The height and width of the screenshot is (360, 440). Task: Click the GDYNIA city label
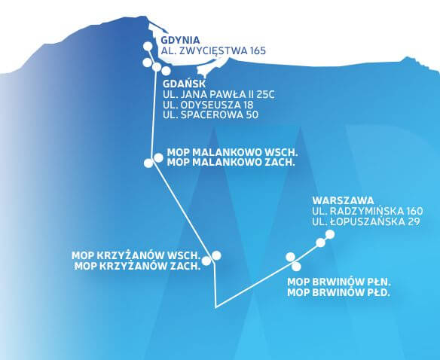tap(180, 40)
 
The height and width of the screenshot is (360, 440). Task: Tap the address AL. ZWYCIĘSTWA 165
tap(213, 50)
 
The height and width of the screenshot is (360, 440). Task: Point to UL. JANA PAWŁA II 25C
tap(218, 95)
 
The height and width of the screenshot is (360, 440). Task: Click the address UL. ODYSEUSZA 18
tap(208, 105)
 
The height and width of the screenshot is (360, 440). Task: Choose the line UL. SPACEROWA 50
tap(210, 115)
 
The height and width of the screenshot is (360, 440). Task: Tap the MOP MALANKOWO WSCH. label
tap(232, 153)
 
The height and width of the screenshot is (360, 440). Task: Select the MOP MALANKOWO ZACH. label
tap(231, 163)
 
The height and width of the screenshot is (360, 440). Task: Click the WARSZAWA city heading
tap(344, 200)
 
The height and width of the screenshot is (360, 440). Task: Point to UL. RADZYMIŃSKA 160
tap(368, 211)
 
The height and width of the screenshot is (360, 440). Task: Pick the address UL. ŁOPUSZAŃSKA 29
tap(366, 221)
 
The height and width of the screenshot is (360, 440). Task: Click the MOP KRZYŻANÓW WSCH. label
tap(136, 255)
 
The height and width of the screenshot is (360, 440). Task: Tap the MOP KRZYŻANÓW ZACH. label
tap(137, 266)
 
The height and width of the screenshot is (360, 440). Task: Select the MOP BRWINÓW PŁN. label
tap(339, 282)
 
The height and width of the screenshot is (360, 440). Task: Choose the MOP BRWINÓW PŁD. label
tap(339, 293)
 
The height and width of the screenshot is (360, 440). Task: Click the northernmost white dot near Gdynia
tap(148, 46)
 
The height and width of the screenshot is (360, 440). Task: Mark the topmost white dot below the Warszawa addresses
tap(330, 234)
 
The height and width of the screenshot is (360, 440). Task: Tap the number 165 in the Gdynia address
tap(256, 50)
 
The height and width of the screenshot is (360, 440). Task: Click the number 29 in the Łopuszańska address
tap(414, 221)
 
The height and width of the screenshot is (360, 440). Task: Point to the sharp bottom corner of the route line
tap(215, 307)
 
